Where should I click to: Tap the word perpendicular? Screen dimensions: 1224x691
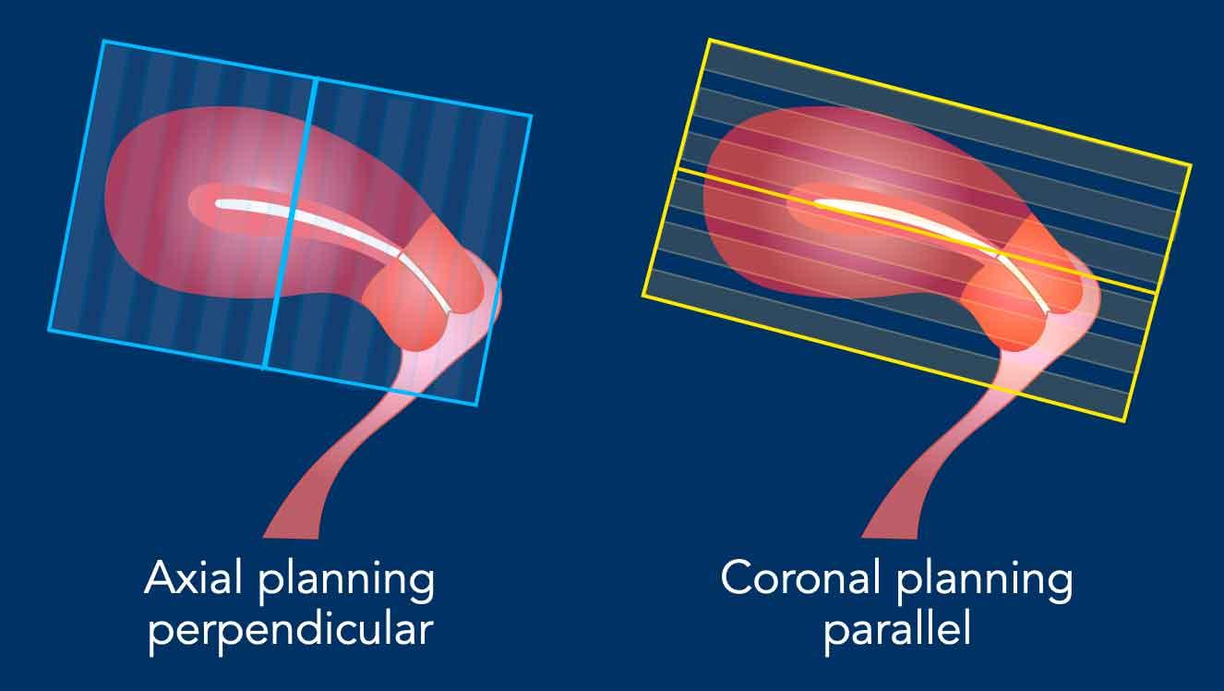click(x=291, y=630)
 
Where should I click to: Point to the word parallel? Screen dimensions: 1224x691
click(x=897, y=630)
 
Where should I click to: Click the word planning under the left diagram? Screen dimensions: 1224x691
click(x=346, y=582)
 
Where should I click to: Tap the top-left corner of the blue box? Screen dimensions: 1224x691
click(x=103, y=41)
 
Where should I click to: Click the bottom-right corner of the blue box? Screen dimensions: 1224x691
click(x=477, y=406)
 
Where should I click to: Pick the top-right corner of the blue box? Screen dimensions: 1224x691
click(x=531, y=115)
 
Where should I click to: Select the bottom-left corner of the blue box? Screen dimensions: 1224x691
click(x=49, y=330)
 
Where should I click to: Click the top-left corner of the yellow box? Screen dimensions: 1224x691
click(x=709, y=40)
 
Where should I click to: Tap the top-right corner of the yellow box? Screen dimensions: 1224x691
click(x=1191, y=164)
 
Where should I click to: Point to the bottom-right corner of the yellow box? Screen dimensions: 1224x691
click(x=1124, y=421)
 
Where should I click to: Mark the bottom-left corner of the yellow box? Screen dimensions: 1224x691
click(x=642, y=296)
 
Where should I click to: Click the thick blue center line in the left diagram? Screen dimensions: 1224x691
click(x=290, y=223)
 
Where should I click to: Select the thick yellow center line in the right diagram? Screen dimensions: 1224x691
click(x=917, y=231)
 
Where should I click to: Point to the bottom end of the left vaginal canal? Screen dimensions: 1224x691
click(x=291, y=537)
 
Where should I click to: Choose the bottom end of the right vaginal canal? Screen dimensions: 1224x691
click(x=890, y=537)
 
